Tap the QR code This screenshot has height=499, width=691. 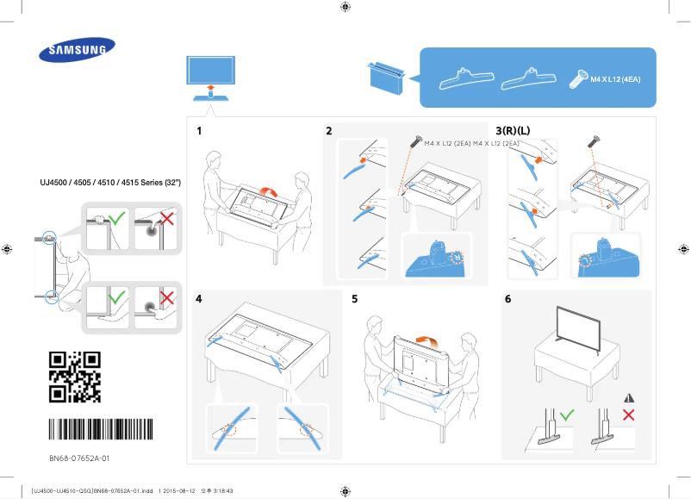coord(74,377)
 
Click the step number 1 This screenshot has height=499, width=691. coord(199,131)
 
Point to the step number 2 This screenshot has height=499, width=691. coord(328,131)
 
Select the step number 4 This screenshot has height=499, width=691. coord(199,299)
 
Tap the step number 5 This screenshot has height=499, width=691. coord(354,299)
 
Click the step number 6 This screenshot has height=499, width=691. coord(507,299)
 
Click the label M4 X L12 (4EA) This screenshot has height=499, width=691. coord(615,79)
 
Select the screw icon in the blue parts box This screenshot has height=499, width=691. coord(577,81)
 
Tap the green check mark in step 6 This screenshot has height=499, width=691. coord(566,415)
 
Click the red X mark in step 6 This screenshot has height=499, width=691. coord(628,415)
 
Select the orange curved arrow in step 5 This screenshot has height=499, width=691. coord(426,342)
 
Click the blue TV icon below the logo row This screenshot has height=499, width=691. coord(209,72)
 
